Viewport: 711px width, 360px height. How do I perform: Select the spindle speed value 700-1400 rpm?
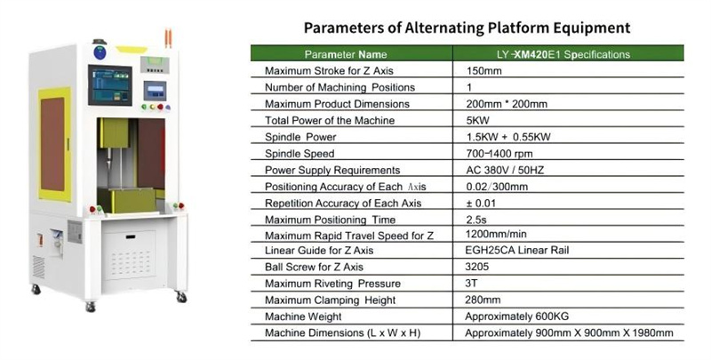point(499,154)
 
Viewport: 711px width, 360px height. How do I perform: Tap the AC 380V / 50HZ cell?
point(505,171)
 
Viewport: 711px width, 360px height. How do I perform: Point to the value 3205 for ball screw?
point(477,267)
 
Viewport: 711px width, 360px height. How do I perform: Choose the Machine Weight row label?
point(303,316)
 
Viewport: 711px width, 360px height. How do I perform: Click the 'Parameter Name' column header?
point(346,55)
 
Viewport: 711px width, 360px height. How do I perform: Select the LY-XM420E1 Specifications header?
point(563,55)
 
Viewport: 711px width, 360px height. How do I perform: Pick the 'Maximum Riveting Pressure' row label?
point(332,284)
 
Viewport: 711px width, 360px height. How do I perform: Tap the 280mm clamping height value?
point(483,300)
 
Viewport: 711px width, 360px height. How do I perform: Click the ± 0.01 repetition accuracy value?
point(481,204)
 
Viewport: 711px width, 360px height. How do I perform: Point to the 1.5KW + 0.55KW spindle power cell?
point(508,137)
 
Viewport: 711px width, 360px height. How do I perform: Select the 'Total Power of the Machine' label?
point(330,121)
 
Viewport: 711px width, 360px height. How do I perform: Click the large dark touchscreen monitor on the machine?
point(110,85)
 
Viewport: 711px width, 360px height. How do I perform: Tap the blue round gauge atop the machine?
point(100,52)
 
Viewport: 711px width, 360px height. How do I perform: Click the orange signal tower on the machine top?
point(168,38)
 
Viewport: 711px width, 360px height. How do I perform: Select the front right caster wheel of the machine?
point(181,297)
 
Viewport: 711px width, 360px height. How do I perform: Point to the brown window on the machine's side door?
point(52,144)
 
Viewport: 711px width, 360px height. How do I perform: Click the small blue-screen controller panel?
point(155,91)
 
